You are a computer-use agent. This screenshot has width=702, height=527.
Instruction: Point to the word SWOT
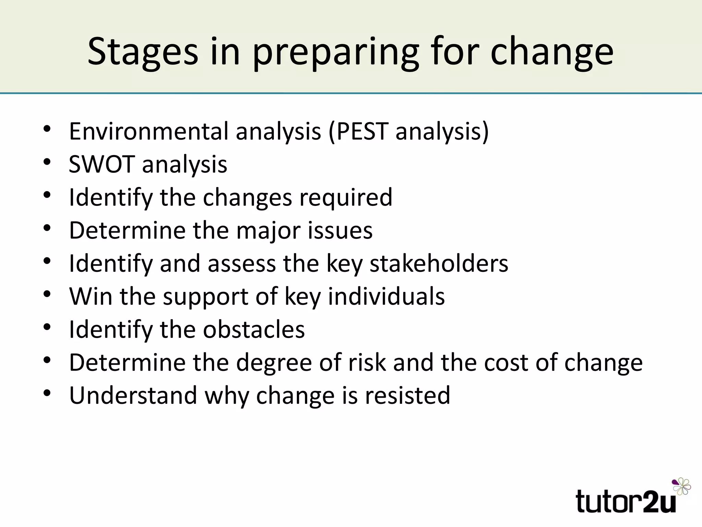pos(101,164)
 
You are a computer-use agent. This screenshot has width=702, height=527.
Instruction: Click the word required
pos(346,197)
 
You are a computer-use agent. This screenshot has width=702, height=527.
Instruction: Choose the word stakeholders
pos(439,263)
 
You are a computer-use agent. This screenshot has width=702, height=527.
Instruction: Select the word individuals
pos(386,296)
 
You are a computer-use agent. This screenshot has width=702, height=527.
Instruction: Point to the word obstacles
pos(254,329)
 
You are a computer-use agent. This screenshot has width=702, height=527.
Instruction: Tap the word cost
pos(506,362)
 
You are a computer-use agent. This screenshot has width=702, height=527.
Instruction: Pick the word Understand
pos(133,395)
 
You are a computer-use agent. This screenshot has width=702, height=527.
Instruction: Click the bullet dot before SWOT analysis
pos(47,162)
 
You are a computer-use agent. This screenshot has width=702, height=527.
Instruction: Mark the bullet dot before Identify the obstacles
pos(47,326)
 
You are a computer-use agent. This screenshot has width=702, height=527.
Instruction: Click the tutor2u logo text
pos(626,502)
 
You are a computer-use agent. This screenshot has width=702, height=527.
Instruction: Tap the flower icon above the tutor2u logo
pos(681,486)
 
